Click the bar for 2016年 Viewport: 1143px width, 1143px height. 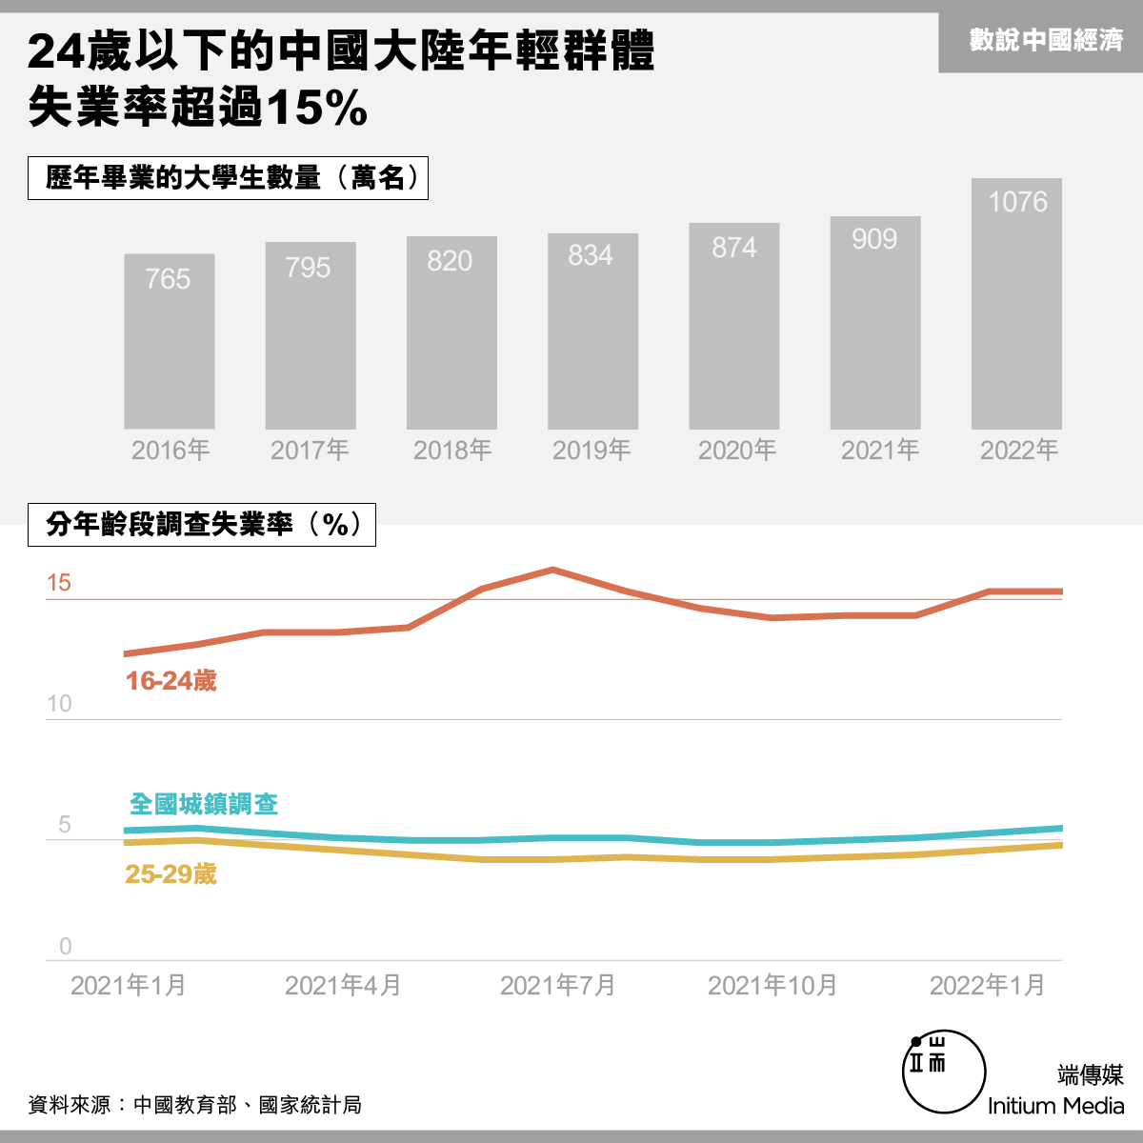coord(169,341)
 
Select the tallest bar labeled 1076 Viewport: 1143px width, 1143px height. coord(1016,303)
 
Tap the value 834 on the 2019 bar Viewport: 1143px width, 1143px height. coord(591,255)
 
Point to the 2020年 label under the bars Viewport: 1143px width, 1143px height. coord(736,451)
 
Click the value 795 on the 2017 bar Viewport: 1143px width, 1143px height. coord(308,268)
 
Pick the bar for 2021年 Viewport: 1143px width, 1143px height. coord(875,323)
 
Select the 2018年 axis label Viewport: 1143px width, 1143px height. coord(452,451)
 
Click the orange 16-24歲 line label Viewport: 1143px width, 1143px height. coord(170,680)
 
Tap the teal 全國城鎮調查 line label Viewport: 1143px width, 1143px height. coord(204,804)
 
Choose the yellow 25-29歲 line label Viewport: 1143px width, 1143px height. coord(170,873)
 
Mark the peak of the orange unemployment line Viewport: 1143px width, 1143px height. coord(552,570)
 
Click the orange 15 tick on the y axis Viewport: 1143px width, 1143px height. coord(59,583)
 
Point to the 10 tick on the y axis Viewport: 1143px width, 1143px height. coord(59,704)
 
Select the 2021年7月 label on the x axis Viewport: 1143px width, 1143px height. coord(557,986)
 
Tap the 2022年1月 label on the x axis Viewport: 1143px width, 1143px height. coord(987,986)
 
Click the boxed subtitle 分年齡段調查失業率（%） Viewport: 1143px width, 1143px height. coord(202,524)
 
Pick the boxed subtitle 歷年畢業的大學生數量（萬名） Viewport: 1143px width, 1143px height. coord(228,178)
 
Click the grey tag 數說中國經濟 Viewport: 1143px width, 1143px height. coord(1046,40)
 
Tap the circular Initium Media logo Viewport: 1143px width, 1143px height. coord(944,1072)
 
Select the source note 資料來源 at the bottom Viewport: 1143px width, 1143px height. coord(194,1105)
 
